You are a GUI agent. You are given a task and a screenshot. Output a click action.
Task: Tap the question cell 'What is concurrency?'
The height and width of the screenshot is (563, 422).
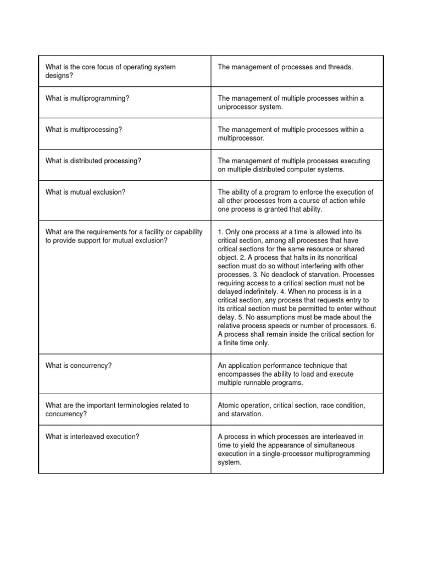point(79,366)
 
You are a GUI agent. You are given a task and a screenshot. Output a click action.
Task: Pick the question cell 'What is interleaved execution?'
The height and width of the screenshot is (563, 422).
point(92,437)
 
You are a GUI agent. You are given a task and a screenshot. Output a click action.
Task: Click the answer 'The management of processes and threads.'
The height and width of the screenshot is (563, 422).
point(285,67)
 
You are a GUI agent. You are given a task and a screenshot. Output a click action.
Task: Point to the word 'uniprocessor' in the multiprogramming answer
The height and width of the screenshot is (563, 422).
point(238,107)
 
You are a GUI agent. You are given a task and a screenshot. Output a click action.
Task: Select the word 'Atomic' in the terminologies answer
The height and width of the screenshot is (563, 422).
point(229,405)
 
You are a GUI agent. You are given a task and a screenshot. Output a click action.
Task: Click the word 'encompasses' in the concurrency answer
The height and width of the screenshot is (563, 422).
point(242,374)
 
